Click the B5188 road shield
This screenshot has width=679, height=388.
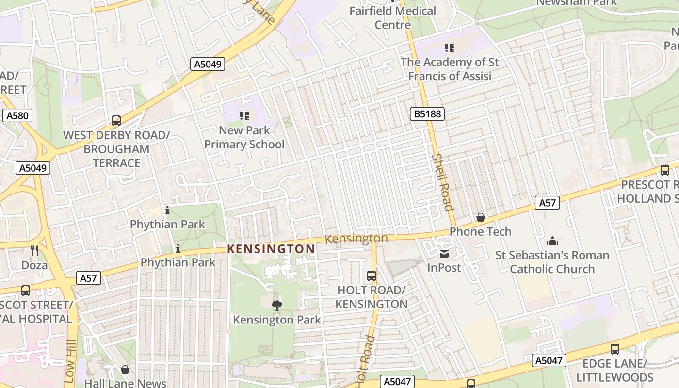[427, 114]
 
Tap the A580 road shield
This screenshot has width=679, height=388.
[17, 115]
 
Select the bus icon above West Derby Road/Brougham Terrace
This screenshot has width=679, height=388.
[116, 121]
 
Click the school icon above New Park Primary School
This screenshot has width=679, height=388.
[244, 115]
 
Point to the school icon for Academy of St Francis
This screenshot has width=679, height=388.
[450, 48]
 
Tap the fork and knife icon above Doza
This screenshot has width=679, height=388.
[34, 250]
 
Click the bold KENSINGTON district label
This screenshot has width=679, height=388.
[271, 249]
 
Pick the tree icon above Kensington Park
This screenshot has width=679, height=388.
[277, 305]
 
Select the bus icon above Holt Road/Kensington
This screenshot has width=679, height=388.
[372, 275]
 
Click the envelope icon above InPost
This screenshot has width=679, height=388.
[444, 253]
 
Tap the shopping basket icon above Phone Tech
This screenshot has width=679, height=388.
[480, 217]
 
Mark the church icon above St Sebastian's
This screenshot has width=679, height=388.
[552, 241]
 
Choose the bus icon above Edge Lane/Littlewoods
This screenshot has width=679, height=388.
[615, 349]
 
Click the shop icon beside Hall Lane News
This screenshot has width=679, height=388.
[125, 370]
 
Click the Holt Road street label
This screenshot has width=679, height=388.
[365, 361]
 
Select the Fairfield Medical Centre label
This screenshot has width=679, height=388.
[393, 17]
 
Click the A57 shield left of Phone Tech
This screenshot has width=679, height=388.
[547, 203]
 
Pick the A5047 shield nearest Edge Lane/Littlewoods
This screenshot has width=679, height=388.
[549, 360]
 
